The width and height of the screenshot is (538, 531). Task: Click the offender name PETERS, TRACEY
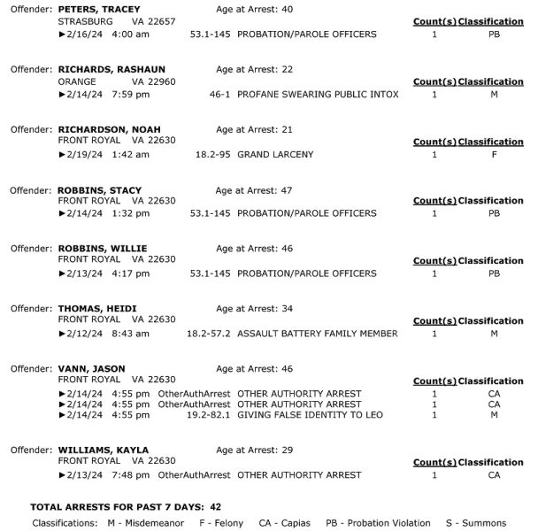click(x=99, y=9)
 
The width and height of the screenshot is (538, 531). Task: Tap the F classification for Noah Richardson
click(x=494, y=154)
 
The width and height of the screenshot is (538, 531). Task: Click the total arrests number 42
click(x=216, y=507)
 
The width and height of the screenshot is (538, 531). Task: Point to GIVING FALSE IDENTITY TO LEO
click(x=303, y=414)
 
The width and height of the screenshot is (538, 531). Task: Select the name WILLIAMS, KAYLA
click(x=103, y=450)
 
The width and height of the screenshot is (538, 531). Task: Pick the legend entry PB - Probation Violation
click(x=378, y=523)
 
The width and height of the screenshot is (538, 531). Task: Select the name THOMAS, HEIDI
click(x=96, y=309)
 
